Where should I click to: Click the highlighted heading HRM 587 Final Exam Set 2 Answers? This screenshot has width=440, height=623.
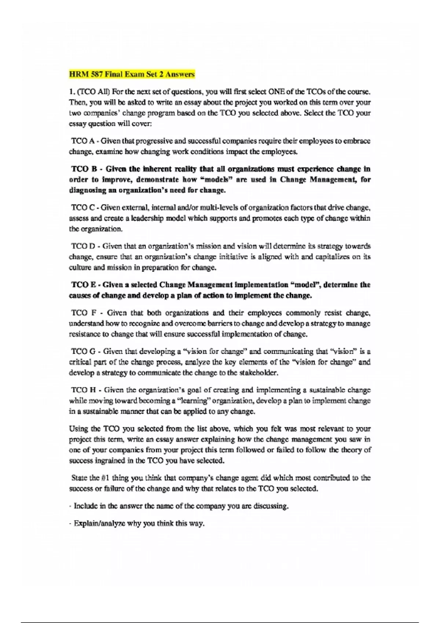click(x=132, y=74)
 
